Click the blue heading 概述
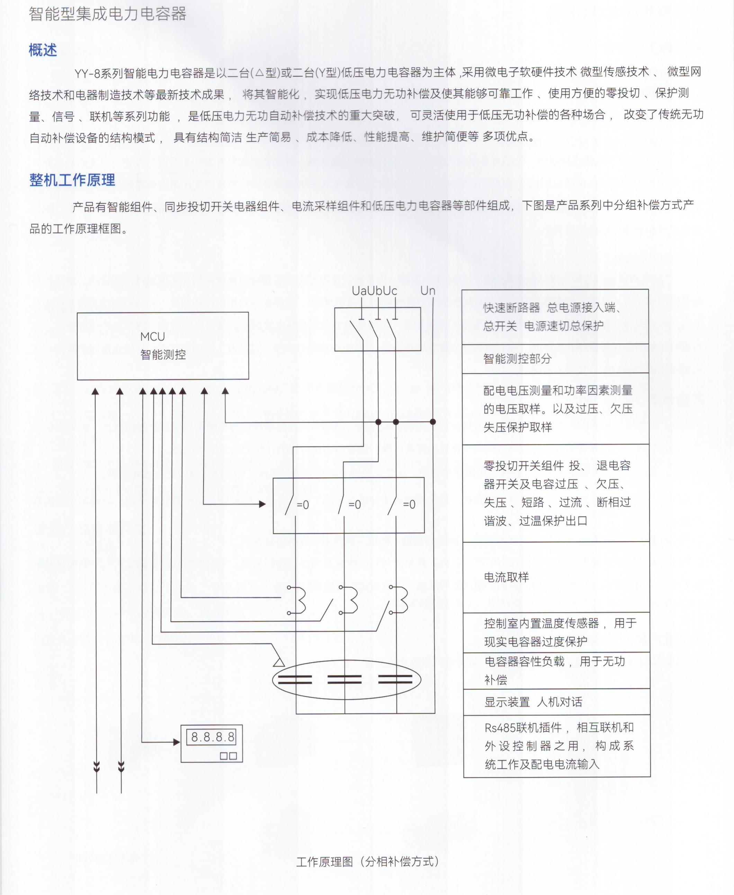click(x=43, y=50)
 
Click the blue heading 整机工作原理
click(x=72, y=180)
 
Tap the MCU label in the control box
click(x=152, y=336)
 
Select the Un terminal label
click(x=428, y=291)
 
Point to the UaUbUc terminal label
click(x=374, y=291)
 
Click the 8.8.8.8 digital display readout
click(x=213, y=737)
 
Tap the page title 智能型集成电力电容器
click(x=107, y=14)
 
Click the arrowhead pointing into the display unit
click(x=177, y=742)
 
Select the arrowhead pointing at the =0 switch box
click(x=262, y=504)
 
